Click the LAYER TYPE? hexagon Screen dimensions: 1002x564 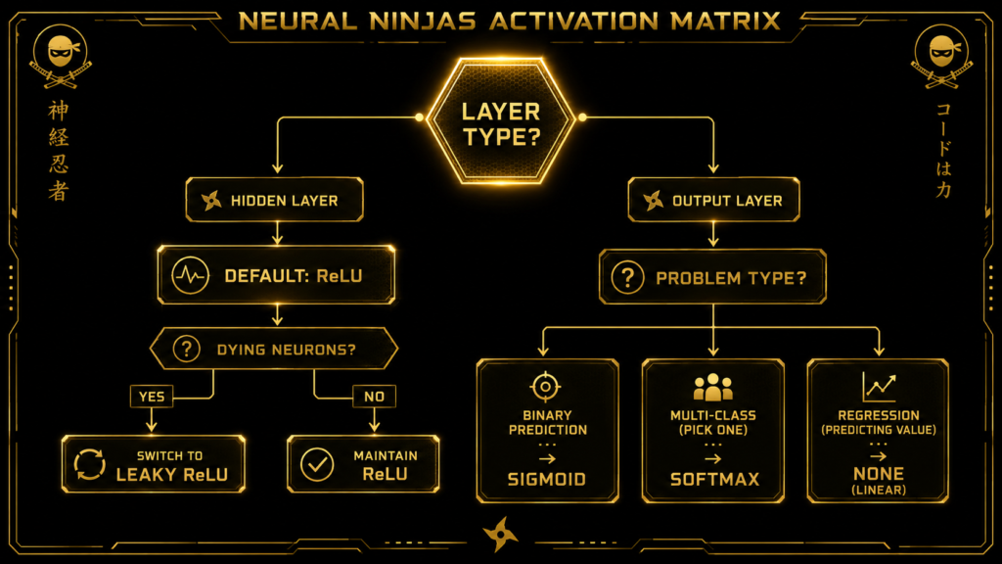pyautogui.click(x=501, y=120)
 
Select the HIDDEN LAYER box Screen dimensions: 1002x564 pyautogui.click(x=275, y=200)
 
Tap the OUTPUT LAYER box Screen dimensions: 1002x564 pyautogui.click(x=713, y=200)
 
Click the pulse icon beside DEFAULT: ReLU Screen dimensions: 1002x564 pyautogui.click(x=190, y=275)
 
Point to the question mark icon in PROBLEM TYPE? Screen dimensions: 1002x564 pyautogui.click(x=627, y=277)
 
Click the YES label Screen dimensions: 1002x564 pyautogui.click(x=152, y=397)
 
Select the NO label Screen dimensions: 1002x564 pyautogui.click(x=375, y=397)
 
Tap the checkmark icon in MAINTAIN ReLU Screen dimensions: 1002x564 pyautogui.click(x=317, y=464)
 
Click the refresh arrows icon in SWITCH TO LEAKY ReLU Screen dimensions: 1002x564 pyautogui.click(x=89, y=464)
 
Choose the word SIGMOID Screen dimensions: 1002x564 pyautogui.click(x=547, y=479)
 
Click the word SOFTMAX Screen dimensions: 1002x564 pyautogui.click(x=714, y=479)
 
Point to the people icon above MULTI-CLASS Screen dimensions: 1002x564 pyautogui.click(x=713, y=387)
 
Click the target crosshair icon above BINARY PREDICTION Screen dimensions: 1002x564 pyautogui.click(x=545, y=386)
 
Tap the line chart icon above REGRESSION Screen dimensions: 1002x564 pyautogui.click(x=879, y=387)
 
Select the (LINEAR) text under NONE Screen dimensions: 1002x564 pyautogui.click(x=879, y=490)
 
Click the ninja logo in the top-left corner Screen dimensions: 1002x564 pyautogui.click(x=61, y=56)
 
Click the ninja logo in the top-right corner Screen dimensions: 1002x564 pyautogui.click(x=941, y=56)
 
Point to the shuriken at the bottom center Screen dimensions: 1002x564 pyautogui.click(x=500, y=534)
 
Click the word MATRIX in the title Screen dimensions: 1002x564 pyautogui.click(x=726, y=22)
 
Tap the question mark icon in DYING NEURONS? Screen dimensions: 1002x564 pyautogui.click(x=187, y=350)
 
